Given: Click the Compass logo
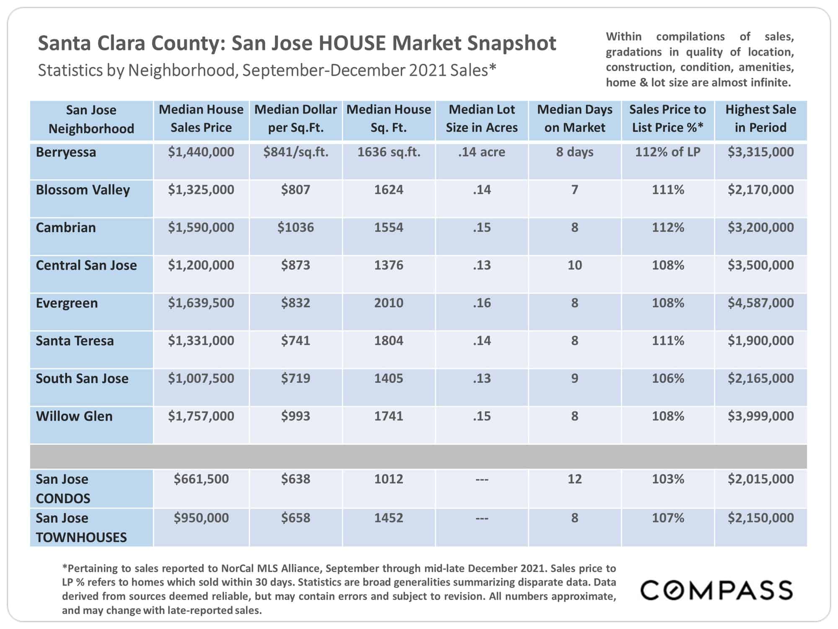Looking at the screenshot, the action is [716, 590].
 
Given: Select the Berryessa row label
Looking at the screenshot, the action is [66, 152].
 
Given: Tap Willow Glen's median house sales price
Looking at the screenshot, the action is [201, 416].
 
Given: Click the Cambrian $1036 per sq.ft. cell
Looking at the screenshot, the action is [295, 227].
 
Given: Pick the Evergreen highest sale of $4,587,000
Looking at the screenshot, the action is [760, 303].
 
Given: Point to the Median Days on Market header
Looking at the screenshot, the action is [575, 118].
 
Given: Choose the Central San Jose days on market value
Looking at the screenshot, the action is [575, 265].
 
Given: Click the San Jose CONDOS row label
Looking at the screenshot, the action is [63, 489].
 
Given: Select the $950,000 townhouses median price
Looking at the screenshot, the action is [201, 518].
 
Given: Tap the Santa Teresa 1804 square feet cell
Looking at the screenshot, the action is [389, 340].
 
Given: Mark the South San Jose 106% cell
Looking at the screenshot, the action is [668, 378].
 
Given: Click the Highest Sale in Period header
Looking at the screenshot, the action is [760, 118].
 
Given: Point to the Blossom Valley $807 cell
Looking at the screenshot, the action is [295, 190].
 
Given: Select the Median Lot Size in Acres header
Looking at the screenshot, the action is [482, 118].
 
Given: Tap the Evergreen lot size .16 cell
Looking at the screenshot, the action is [482, 303].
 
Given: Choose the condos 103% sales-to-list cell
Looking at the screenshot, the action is [668, 479].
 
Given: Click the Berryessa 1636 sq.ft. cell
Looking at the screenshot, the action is [389, 152].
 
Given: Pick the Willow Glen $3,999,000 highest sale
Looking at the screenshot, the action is [760, 416].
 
